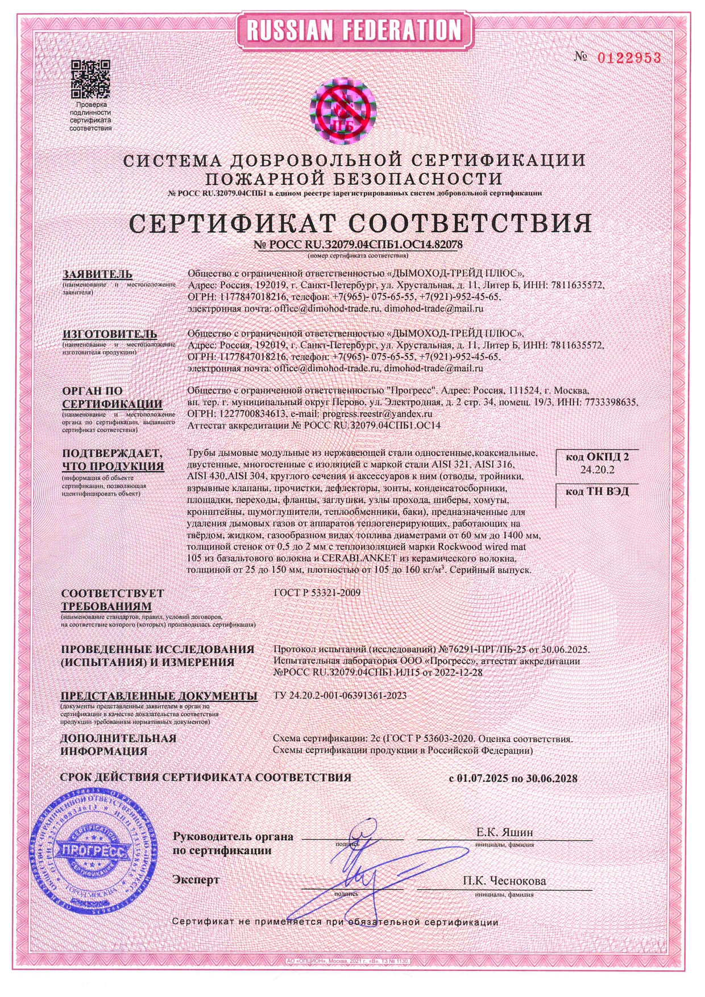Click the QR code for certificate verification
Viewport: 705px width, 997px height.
(x=90, y=79)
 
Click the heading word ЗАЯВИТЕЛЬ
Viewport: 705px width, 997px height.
(x=97, y=275)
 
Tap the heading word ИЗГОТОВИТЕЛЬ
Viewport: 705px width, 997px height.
(x=110, y=334)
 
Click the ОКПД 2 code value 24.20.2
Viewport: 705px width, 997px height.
(x=597, y=470)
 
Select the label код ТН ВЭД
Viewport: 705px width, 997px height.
(x=597, y=492)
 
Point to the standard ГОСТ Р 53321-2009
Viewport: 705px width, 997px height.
(x=317, y=593)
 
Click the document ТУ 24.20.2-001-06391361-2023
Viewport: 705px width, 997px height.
(x=340, y=695)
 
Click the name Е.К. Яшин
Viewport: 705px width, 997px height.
(x=504, y=833)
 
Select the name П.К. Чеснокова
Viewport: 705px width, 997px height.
(x=504, y=881)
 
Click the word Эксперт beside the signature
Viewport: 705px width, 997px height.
(x=196, y=880)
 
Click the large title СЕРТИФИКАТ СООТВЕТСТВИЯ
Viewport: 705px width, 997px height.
(x=360, y=223)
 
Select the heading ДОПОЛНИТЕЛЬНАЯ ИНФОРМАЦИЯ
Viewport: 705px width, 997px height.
(x=118, y=745)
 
